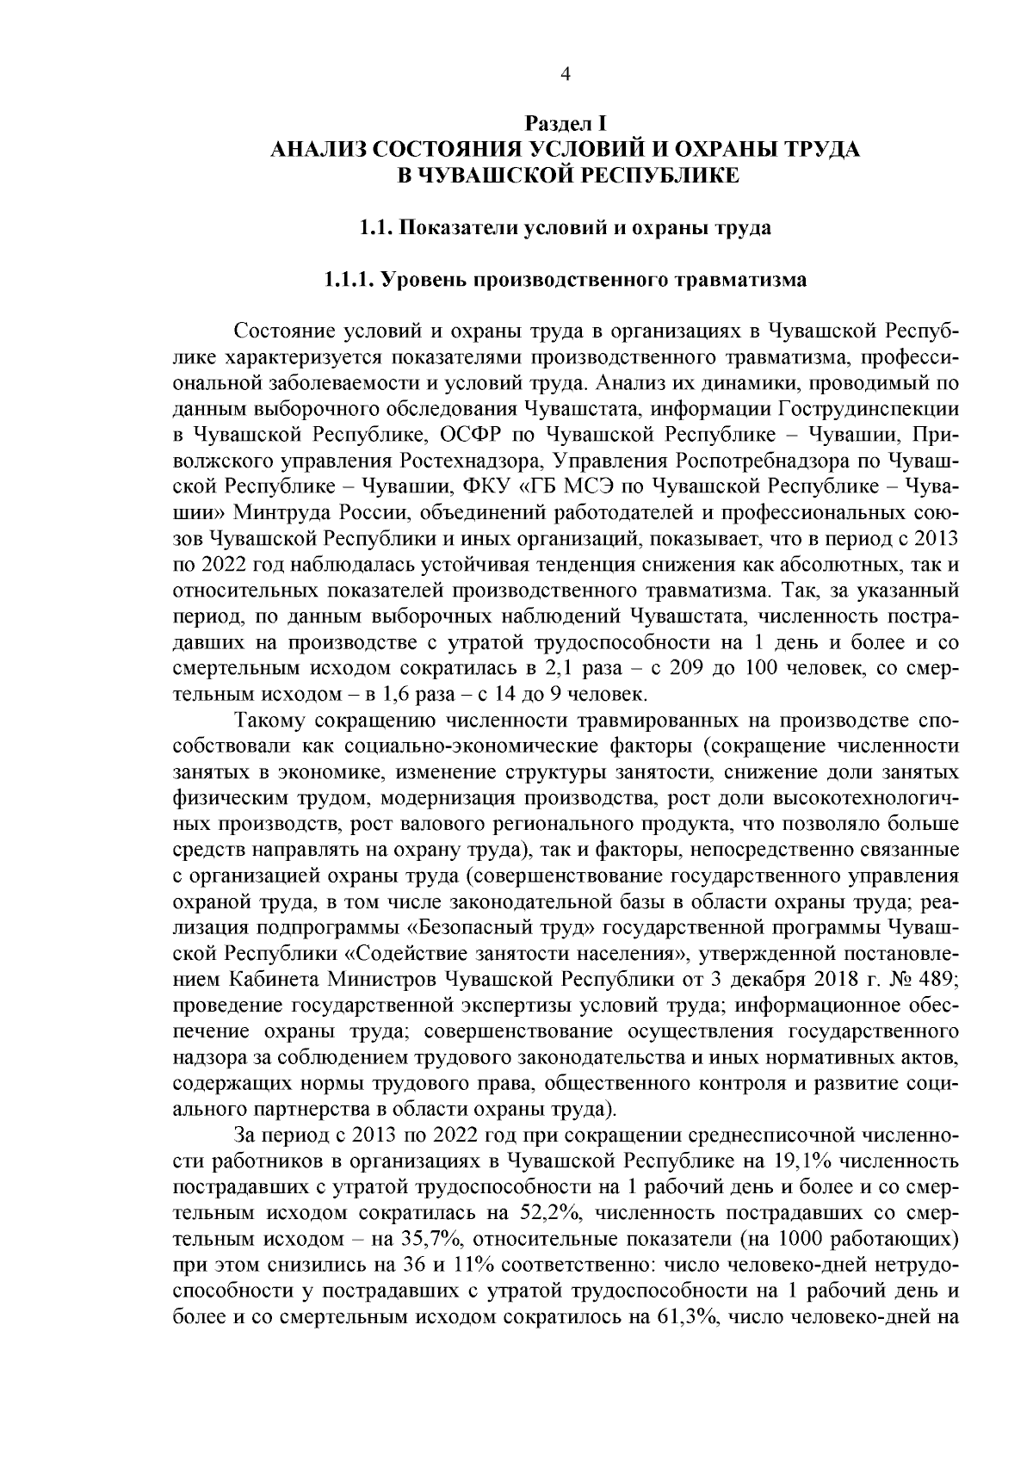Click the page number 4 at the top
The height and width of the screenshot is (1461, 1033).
pyautogui.click(x=566, y=74)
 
